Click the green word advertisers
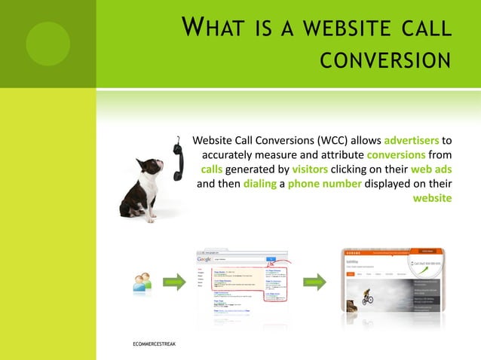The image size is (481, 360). (412, 140)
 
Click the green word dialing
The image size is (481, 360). (260, 184)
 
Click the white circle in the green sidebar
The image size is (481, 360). (47, 43)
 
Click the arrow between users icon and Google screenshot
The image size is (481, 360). (174, 283)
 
